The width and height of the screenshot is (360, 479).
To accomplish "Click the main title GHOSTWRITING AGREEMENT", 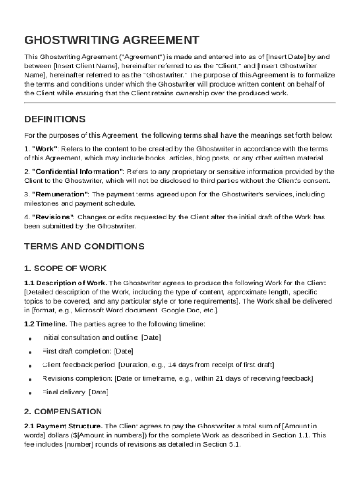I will (112, 40).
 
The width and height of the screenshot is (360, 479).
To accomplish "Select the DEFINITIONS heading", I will (55, 119).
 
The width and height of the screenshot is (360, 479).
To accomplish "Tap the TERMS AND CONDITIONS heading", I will (84, 246).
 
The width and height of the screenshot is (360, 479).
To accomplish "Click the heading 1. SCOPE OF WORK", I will (65, 269).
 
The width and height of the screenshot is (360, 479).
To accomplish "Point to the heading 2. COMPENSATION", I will (63, 412).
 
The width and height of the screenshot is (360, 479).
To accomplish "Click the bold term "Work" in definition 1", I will (45, 149).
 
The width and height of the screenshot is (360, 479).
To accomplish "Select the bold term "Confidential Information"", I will (78, 172).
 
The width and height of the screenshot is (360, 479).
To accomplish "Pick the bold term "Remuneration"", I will (60, 195).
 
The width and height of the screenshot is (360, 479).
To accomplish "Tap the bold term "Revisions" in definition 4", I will (52, 218).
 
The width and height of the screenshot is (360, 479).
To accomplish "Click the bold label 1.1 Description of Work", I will (65, 283).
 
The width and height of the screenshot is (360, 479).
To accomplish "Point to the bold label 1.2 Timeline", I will (46, 324).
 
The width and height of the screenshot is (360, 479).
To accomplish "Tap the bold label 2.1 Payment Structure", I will (64, 426).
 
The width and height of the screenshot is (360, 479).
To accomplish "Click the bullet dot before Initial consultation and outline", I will (30, 338).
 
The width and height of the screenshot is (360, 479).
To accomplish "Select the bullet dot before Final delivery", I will (30, 393).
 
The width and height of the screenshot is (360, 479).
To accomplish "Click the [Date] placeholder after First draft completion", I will (124, 351).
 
